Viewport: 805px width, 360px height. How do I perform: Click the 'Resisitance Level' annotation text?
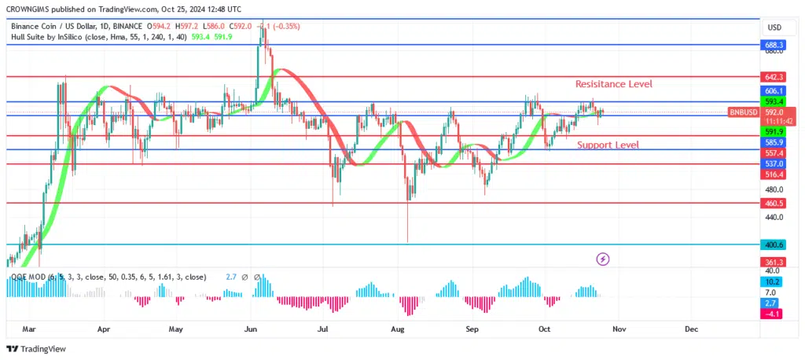pyautogui.click(x=613, y=84)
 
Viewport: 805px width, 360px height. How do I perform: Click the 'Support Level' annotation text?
pyautogui.click(x=608, y=145)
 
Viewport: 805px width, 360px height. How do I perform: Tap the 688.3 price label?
pyautogui.click(x=774, y=46)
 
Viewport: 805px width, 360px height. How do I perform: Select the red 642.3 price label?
pyautogui.click(x=774, y=77)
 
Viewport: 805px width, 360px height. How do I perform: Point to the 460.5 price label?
pyautogui.click(x=774, y=203)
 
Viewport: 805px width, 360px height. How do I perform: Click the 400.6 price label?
pyautogui.click(x=774, y=244)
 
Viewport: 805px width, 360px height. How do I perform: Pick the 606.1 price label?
pyautogui.click(x=774, y=91)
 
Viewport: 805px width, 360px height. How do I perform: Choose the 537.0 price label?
pyautogui.click(x=774, y=163)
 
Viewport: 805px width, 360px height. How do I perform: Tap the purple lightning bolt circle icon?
pyautogui.click(x=602, y=258)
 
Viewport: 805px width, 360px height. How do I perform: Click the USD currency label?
pyautogui.click(x=774, y=28)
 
